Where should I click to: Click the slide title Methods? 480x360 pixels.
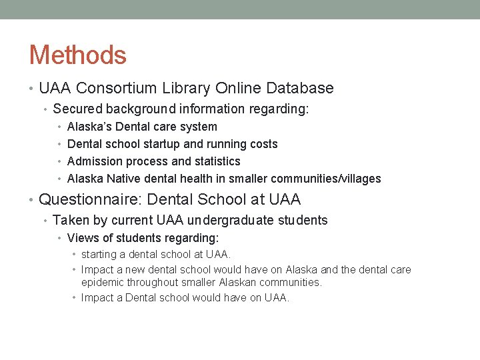pyautogui.click(x=77, y=55)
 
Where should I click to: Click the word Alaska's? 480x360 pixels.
pyautogui.click(x=89, y=127)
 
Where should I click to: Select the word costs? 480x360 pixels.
pyautogui.click(x=263, y=144)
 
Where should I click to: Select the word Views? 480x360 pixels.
pyautogui.click(x=82, y=238)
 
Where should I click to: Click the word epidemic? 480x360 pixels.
pyautogui.click(x=104, y=282)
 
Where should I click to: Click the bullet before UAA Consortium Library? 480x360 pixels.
pyautogui.click(x=32, y=88)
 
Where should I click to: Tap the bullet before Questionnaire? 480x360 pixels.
pyautogui.click(x=32, y=199)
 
